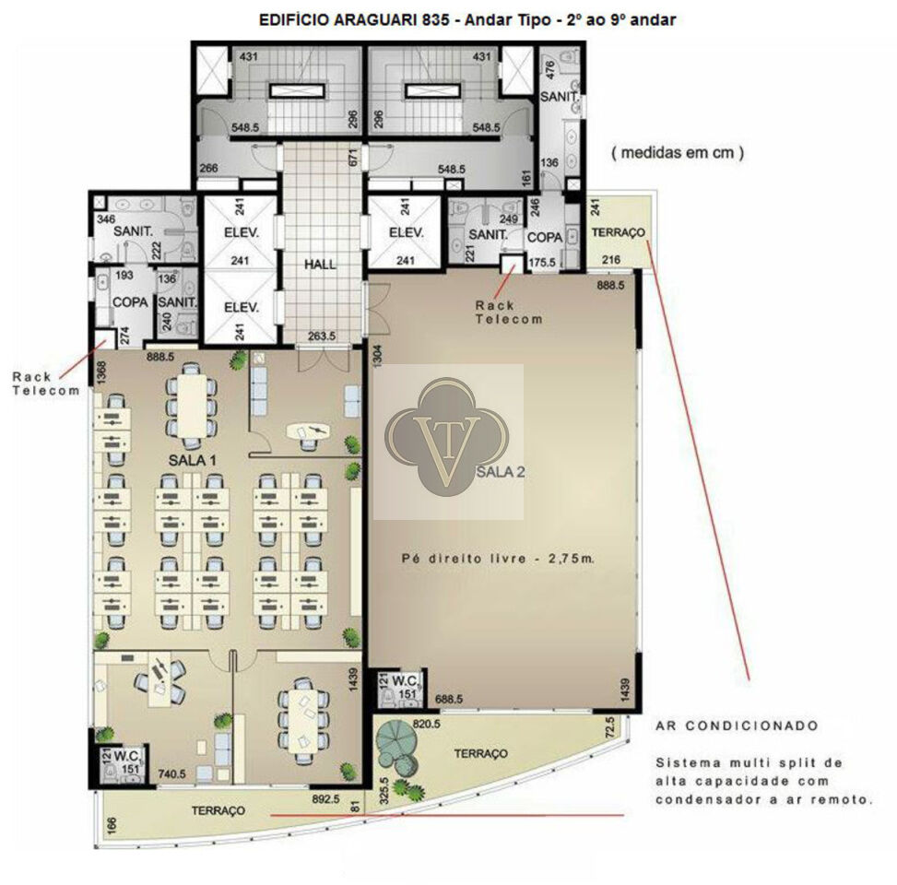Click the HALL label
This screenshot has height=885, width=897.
pos(320,265)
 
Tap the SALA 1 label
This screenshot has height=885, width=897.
pos(192,460)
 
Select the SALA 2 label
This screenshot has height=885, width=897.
pos(501,472)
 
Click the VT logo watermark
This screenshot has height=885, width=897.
pos(447,438)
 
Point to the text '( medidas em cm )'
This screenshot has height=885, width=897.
pos(678,153)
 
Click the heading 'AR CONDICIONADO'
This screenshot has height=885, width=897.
pos(738,726)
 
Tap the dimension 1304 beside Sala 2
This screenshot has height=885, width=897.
pos(378,356)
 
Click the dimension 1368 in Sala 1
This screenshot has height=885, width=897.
pos(101,372)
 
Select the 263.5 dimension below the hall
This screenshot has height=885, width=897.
pos(322,336)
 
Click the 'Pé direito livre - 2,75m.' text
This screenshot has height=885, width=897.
pos(498,559)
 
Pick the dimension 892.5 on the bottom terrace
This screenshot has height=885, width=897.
pos(325,799)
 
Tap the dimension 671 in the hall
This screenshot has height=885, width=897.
pos(352,158)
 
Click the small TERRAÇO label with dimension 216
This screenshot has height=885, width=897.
pos(619,232)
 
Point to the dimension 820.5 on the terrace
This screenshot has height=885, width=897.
pos(426,724)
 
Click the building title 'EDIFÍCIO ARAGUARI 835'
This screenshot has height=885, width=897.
pos(354,20)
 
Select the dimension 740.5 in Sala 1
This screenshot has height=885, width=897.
pos(171,774)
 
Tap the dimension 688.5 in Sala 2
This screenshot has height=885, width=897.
pos(449,699)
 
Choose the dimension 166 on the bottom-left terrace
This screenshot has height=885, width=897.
pos(112,824)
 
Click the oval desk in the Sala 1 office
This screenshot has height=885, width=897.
pos(308,432)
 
